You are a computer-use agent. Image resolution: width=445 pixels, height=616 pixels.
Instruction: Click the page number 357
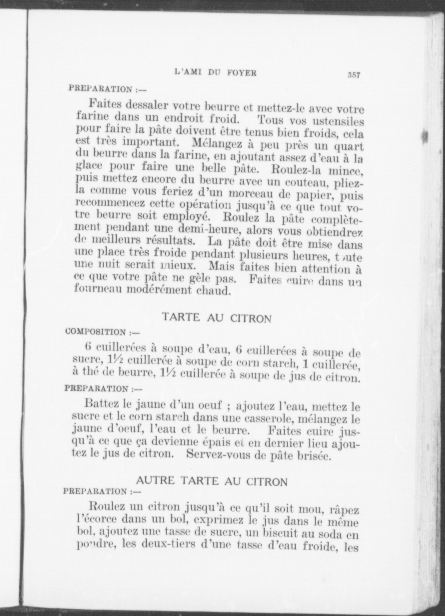(354, 75)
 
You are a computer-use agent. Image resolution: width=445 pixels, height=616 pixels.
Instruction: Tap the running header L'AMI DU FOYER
(215, 73)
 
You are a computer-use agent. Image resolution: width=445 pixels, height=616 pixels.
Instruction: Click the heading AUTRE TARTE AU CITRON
(211, 481)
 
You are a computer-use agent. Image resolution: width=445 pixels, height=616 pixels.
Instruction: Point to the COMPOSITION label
(96, 332)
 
